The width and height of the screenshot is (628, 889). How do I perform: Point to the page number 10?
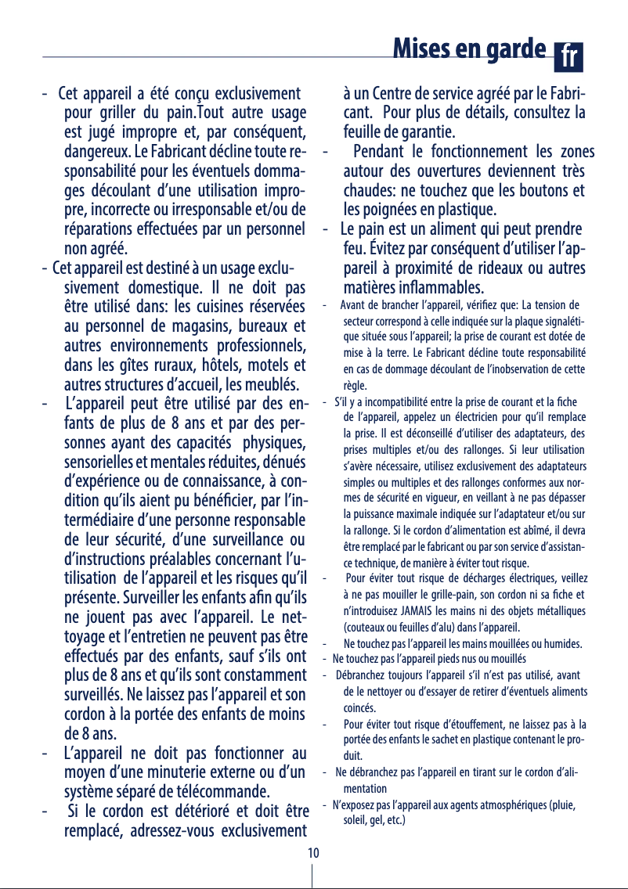tap(312, 852)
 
